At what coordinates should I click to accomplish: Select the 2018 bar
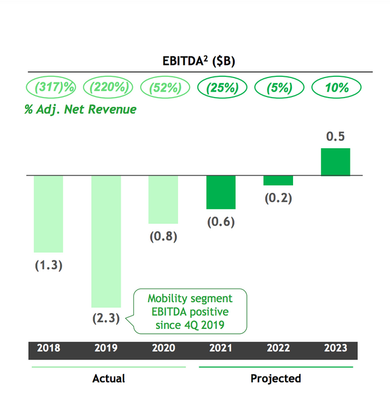click(48, 214)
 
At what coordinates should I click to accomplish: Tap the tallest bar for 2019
click(106, 241)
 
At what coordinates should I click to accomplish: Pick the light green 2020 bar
click(163, 200)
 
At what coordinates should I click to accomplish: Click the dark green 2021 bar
click(221, 192)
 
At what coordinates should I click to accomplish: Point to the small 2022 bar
click(278, 181)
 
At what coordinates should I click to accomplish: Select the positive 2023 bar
click(336, 162)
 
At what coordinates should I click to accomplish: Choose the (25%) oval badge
click(222, 88)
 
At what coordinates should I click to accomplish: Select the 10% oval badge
click(337, 88)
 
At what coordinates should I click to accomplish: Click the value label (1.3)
click(48, 266)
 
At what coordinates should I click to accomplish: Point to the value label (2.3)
click(106, 319)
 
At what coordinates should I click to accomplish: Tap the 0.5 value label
click(336, 136)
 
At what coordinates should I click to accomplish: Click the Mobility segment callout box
click(190, 312)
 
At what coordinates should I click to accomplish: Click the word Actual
click(108, 378)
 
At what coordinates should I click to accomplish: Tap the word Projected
click(275, 378)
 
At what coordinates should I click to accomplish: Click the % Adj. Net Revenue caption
click(80, 110)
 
